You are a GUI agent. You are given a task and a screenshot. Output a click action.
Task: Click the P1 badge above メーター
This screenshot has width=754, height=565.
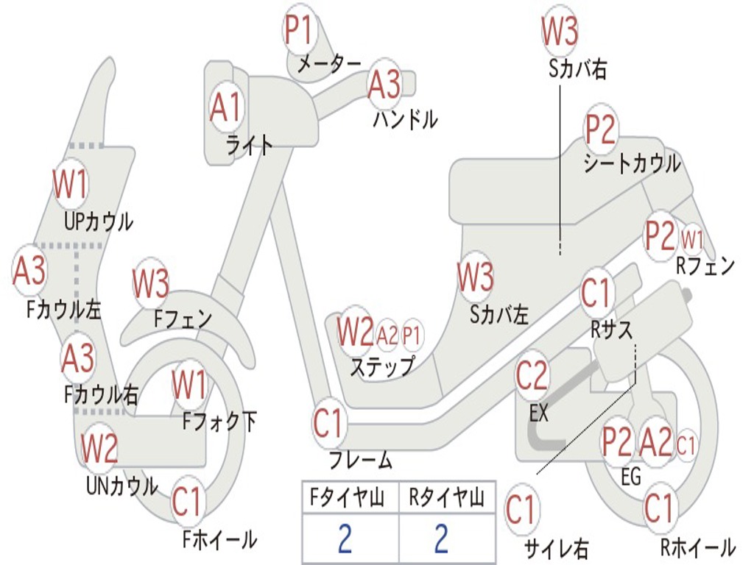pos(299,31)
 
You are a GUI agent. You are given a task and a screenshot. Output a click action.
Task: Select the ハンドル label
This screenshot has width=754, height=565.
pos(405,118)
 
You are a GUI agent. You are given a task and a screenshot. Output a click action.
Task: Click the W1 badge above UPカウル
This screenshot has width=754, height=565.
pos(70,185)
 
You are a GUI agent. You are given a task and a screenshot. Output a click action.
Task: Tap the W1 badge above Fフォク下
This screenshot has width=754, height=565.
pos(189,385)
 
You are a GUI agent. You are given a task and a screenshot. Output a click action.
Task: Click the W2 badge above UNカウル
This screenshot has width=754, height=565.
pos(99,449)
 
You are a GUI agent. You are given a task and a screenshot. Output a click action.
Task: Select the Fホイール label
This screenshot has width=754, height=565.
pos(219,539)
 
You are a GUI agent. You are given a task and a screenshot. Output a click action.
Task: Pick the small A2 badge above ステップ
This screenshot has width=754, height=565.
pos(387,335)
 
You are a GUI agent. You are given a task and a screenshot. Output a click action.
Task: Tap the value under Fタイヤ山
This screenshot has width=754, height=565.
pos(345,539)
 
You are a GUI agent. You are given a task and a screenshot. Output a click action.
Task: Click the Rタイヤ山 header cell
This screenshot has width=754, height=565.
pos(446,500)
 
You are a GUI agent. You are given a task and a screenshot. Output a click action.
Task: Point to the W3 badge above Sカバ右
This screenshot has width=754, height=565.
pos(560,31)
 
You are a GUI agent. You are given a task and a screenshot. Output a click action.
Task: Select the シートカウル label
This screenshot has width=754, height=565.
pos(632,163)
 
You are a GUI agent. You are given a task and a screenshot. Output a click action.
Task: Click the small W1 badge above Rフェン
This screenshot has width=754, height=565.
pos(692,239)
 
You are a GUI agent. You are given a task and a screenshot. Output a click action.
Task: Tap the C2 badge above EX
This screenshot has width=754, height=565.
pos(532,377)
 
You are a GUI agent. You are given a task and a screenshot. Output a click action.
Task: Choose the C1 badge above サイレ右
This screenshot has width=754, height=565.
pos(521,510)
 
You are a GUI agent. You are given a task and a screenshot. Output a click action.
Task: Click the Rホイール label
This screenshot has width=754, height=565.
pos(697,547)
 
